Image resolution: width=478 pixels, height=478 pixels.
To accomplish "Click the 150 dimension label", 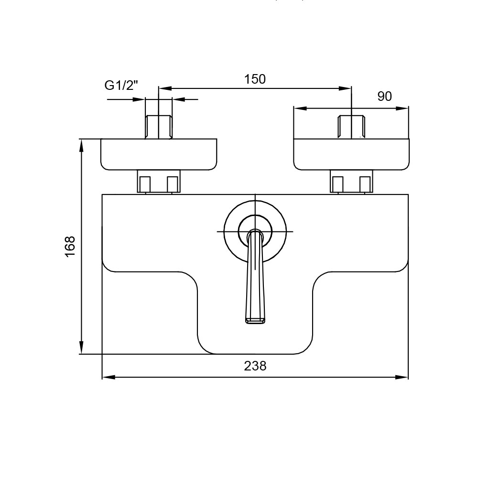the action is (255, 79).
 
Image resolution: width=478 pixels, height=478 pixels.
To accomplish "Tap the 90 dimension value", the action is (384, 97).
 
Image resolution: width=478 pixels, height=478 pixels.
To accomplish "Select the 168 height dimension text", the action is (70, 246).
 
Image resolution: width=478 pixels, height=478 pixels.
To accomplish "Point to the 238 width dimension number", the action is (255, 366).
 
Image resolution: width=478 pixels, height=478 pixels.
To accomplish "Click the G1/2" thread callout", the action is (121, 86).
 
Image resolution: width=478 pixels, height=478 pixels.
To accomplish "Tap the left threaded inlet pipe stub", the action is (159, 127).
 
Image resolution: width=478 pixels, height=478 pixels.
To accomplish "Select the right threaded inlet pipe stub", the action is (351, 127).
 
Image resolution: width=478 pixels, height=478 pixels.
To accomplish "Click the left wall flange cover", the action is (159, 154).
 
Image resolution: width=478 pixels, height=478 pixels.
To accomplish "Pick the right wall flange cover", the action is (351, 154).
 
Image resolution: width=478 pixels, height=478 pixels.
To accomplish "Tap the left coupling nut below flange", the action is (159, 181).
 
